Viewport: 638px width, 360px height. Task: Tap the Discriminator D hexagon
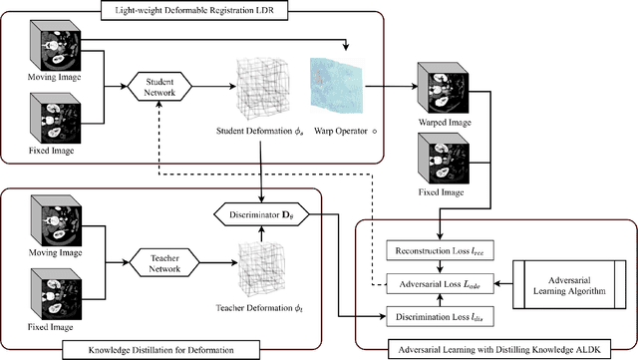(259, 215)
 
